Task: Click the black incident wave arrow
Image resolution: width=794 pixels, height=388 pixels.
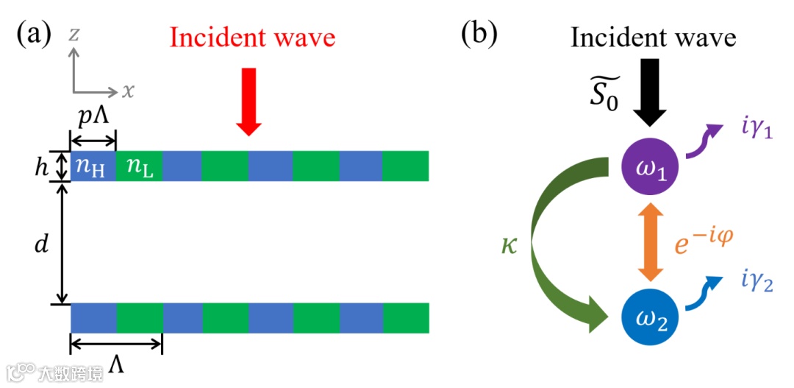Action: pos(648,96)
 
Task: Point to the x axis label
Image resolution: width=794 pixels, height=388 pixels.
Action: pos(129,91)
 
